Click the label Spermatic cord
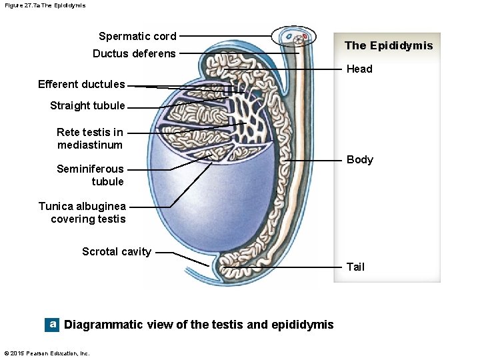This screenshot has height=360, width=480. pos(137,36)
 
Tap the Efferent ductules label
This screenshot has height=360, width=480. pos(81,84)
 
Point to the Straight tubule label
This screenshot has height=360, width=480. pos(87,105)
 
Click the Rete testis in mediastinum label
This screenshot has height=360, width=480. pos(90,138)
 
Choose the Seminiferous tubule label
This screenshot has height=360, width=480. pos(91,175)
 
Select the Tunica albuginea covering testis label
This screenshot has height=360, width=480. pos(82,212)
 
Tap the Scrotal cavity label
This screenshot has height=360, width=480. pos(117,251)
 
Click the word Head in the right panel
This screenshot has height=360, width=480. pos(359,69)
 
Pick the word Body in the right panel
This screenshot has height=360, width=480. pos(360,159)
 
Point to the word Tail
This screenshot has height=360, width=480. pos(355,267)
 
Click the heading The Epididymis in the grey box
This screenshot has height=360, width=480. pos(388,45)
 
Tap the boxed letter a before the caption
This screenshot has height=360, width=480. pos(52,324)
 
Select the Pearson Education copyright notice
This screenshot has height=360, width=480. pos(47,353)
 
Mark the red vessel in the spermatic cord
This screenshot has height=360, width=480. pos(305,36)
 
